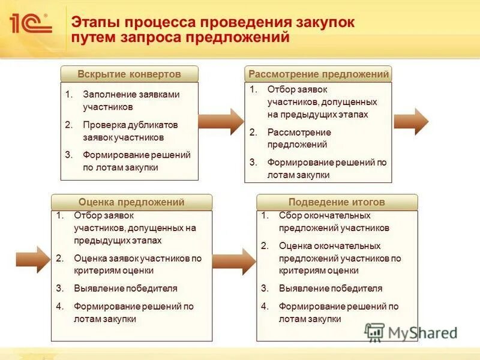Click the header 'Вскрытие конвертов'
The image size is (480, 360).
129,74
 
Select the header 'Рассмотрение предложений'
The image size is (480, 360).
319,74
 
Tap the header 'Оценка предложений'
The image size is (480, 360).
131,202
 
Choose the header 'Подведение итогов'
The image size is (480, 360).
337,202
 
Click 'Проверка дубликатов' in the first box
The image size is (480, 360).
130,125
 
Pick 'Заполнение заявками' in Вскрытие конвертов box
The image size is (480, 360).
131,94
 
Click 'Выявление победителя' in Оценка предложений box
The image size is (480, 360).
125,288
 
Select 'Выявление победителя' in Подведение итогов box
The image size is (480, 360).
331,288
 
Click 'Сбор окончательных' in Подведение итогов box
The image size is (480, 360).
325,215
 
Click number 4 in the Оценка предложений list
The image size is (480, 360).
59,306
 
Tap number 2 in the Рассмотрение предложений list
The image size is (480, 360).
253,132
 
